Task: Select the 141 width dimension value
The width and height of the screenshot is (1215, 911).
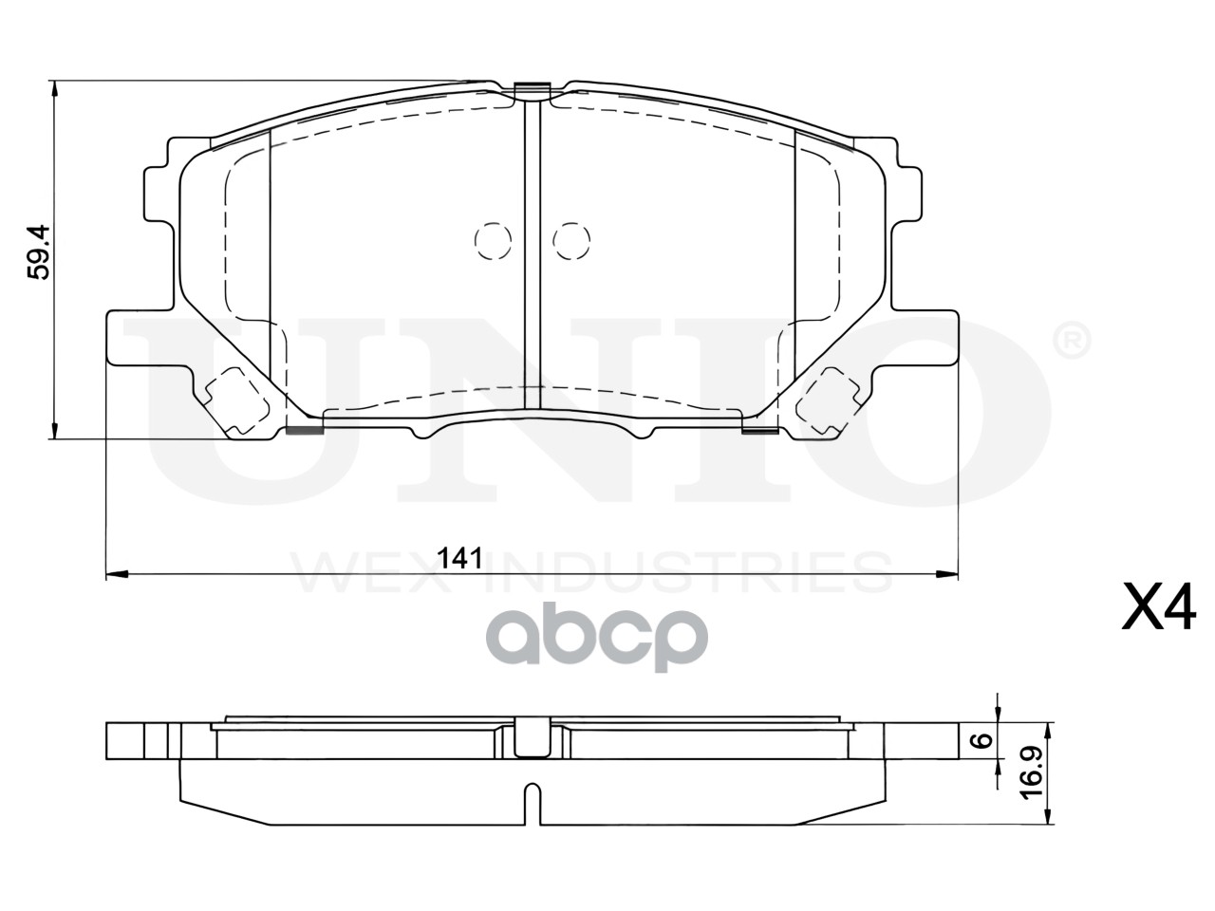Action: click(x=460, y=559)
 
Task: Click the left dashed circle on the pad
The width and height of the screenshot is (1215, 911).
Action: click(x=493, y=241)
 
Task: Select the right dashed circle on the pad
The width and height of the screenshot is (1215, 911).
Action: click(x=571, y=241)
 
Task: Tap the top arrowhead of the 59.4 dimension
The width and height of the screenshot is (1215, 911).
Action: click(x=54, y=91)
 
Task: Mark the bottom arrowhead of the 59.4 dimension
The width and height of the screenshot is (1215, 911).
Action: click(x=54, y=429)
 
